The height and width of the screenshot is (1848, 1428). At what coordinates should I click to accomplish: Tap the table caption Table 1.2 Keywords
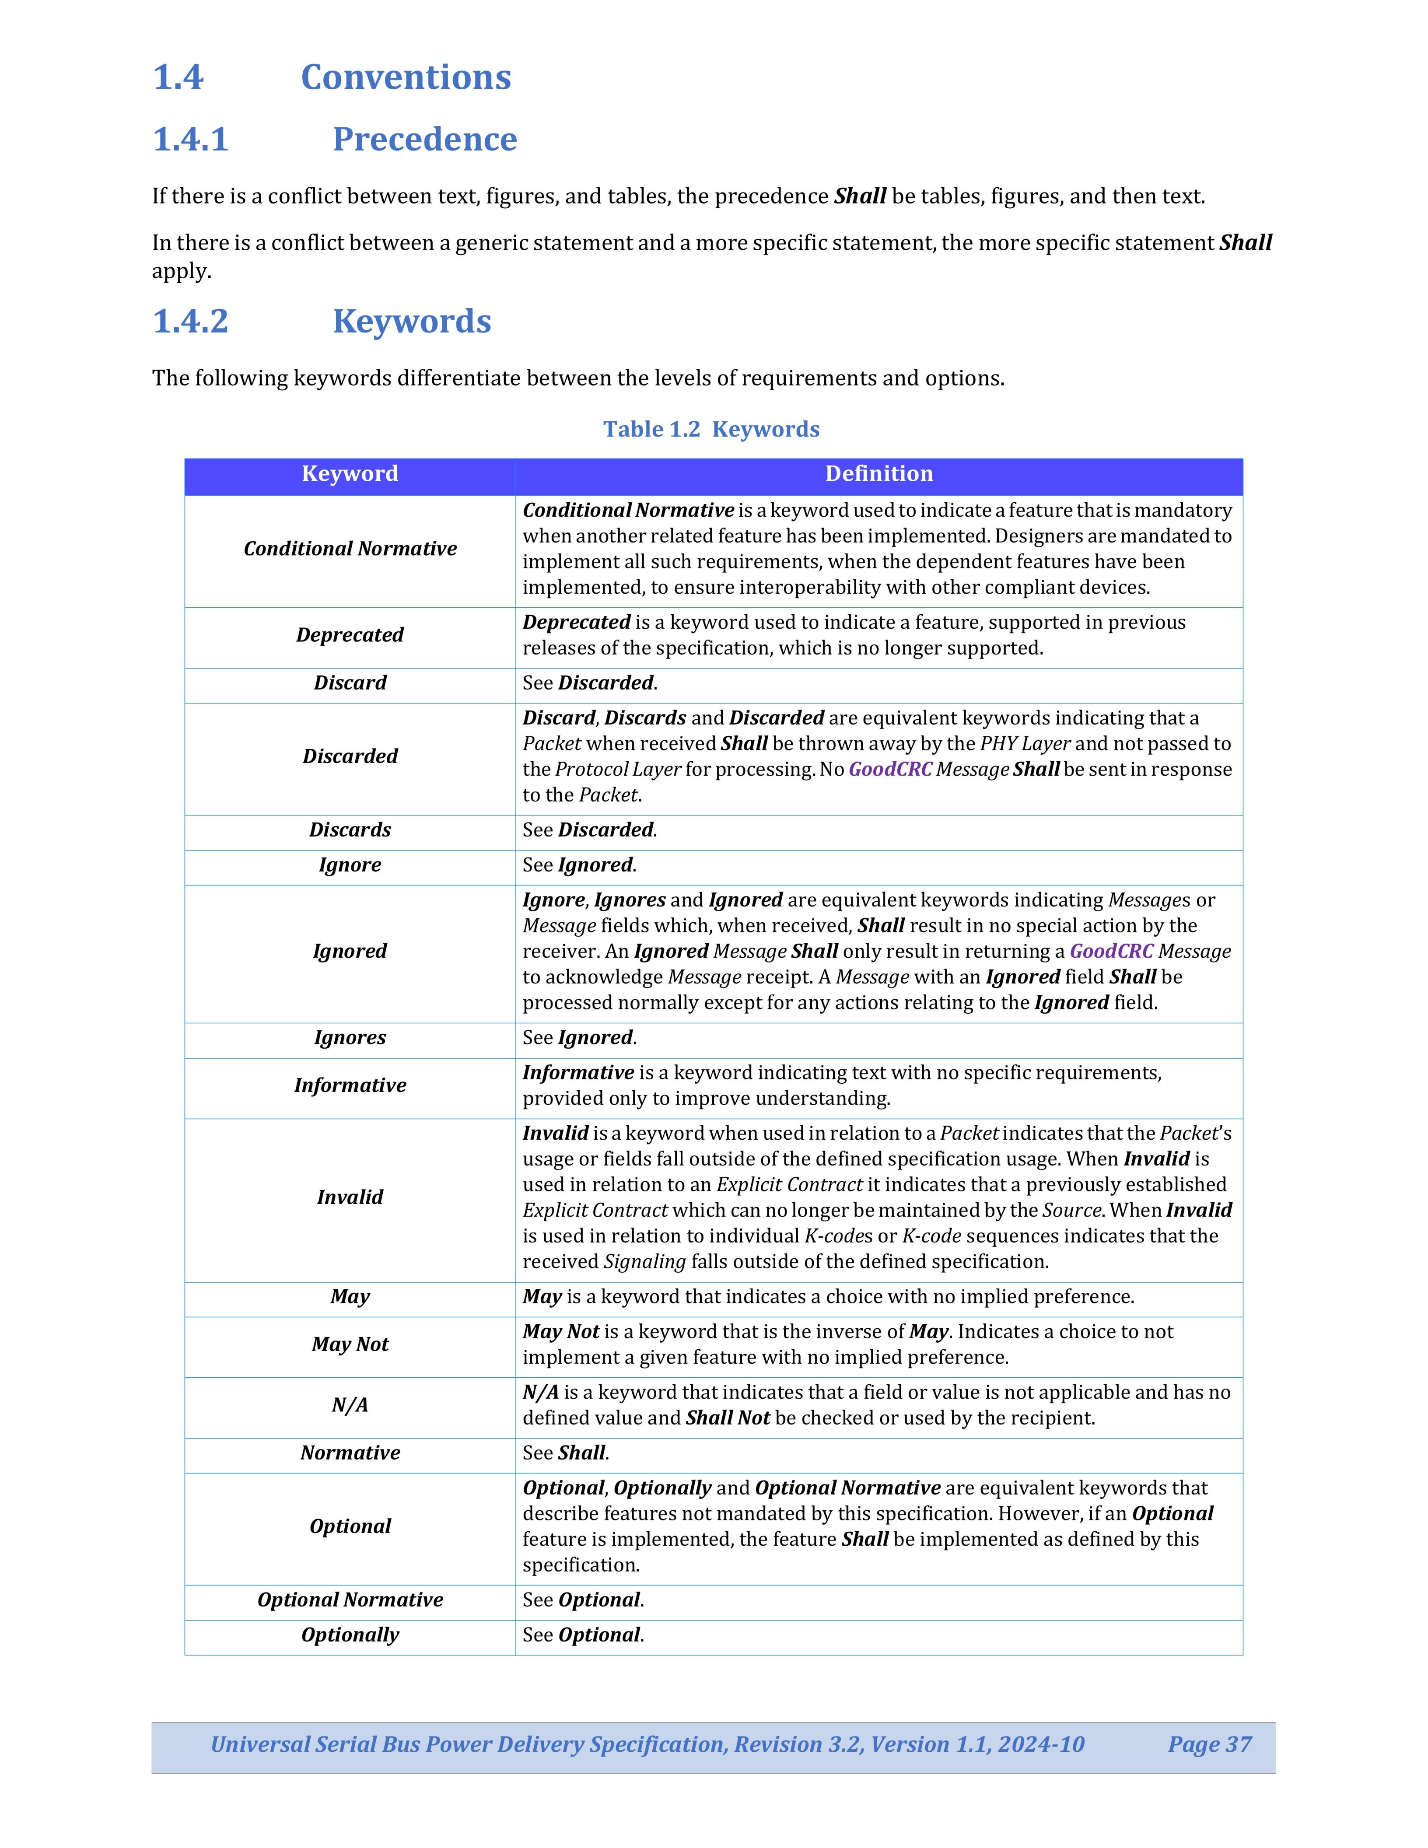pyautogui.click(x=710, y=429)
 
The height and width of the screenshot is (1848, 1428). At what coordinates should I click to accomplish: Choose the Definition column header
pyautogui.click(x=879, y=474)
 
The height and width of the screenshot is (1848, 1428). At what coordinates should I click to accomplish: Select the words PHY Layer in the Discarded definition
pyautogui.click(x=1025, y=744)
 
